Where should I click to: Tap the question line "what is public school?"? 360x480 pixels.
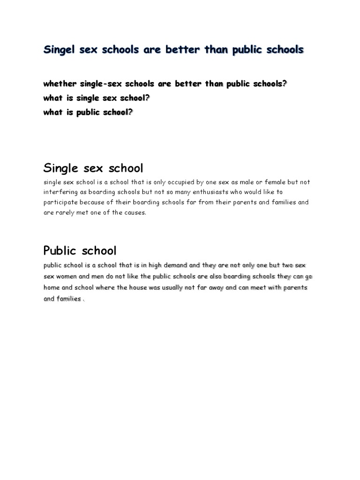(88, 112)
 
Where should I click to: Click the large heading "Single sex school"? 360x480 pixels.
(93, 168)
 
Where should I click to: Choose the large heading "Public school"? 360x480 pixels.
(80, 250)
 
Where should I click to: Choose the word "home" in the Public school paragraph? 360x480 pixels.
(52, 287)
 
